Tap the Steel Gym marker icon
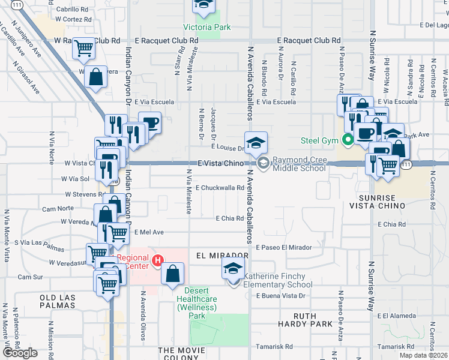(x=348, y=142)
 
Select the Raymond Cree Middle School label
(x=300, y=164)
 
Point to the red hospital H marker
(x=157, y=260)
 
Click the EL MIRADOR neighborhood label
(x=214, y=255)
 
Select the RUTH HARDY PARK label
(x=304, y=319)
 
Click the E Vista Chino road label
(x=220, y=163)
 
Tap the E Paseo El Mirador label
(x=283, y=247)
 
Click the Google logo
(x=20, y=353)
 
